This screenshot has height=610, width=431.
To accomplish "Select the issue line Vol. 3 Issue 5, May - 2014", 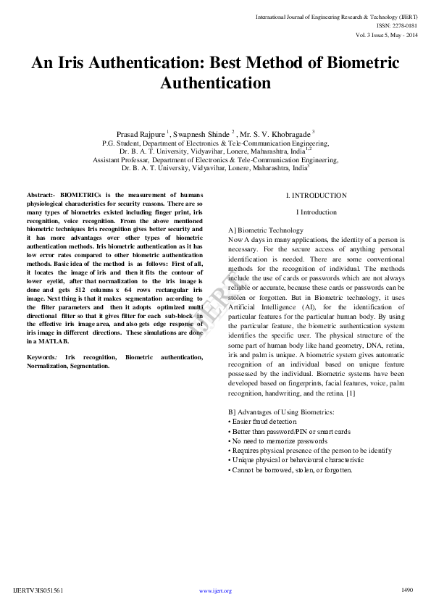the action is pyautogui.click(x=387, y=34).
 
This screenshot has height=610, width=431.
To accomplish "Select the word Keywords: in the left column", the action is pyautogui.click(x=42, y=358).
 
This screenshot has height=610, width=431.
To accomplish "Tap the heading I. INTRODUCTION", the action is pyautogui.click(x=316, y=196).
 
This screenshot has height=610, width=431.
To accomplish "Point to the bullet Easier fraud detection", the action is pyautogui.click(x=264, y=421).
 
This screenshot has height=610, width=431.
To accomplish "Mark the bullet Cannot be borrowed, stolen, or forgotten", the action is pyautogui.click(x=291, y=469).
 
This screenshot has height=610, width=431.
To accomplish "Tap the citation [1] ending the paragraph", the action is pyautogui.click(x=350, y=393).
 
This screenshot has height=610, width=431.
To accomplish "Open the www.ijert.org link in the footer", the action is pyautogui.click(x=215, y=591).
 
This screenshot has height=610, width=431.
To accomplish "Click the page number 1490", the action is pyautogui.click(x=406, y=590).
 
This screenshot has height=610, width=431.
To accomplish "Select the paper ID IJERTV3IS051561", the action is pyautogui.click(x=38, y=591).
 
